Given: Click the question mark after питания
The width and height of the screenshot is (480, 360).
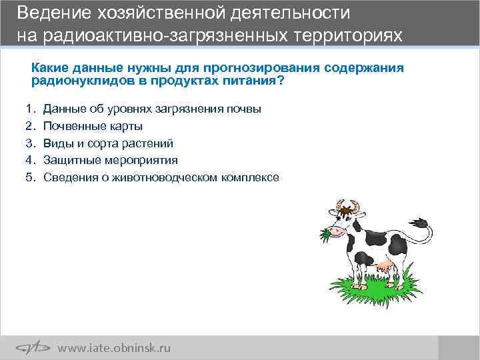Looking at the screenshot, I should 280,81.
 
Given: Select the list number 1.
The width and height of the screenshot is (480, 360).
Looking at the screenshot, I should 29,108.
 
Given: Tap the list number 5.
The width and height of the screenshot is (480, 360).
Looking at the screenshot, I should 29,177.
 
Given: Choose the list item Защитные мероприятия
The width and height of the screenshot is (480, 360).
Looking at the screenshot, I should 111,160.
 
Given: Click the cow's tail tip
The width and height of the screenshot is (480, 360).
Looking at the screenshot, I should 420,223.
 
